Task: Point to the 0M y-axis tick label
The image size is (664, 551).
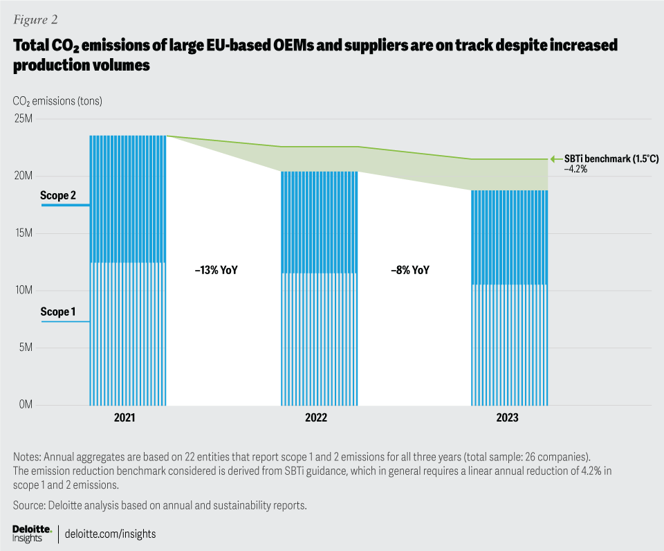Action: (x=24, y=404)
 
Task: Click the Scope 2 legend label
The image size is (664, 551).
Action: (x=59, y=196)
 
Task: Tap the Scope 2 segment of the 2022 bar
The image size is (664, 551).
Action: (x=319, y=222)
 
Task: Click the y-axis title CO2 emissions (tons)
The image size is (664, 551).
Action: (x=57, y=101)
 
